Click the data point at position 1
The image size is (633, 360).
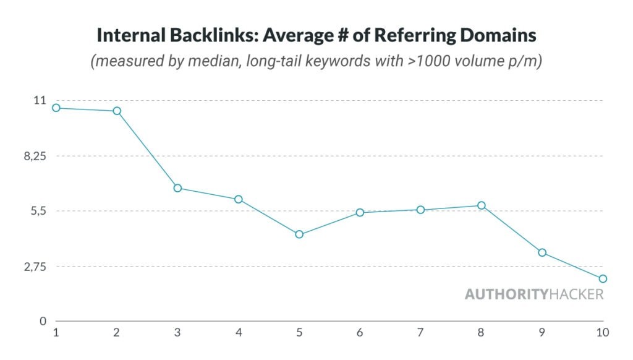pos(56,108)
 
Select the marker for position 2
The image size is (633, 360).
pos(117,111)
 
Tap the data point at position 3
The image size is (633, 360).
pos(177,188)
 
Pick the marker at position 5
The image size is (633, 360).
pos(299,234)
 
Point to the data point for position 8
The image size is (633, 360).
pos(482,205)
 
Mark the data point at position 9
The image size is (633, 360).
pos(542,252)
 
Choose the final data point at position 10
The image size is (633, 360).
pos(603,278)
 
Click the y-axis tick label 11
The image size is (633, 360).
pos(39,100)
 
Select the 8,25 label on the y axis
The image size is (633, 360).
pos(35,156)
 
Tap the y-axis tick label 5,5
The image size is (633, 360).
pos(37,211)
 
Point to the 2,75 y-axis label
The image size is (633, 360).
pos(35,266)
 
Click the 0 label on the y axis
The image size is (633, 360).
pos(43,321)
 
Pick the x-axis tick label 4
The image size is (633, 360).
pos(239,333)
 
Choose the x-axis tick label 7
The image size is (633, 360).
pos(421,333)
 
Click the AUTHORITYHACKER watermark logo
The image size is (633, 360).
pos(534,294)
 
